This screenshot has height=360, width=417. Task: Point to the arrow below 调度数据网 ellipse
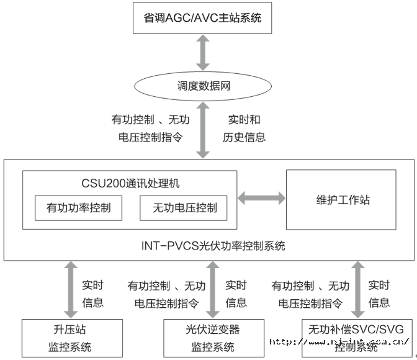coord(202,132)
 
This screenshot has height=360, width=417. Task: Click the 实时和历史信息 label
coord(244,128)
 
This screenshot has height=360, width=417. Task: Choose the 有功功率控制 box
coord(79,208)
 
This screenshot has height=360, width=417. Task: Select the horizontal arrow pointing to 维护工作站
coord(261,199)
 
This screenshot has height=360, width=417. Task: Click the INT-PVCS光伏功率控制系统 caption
coord(209,245)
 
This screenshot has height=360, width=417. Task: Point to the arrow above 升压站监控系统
coord(68,289)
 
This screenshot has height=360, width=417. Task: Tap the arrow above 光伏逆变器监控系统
coord(213,289)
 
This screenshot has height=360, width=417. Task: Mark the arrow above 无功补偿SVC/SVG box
coord(357,289)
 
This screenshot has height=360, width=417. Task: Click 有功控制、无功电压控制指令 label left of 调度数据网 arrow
coord(150,128)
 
